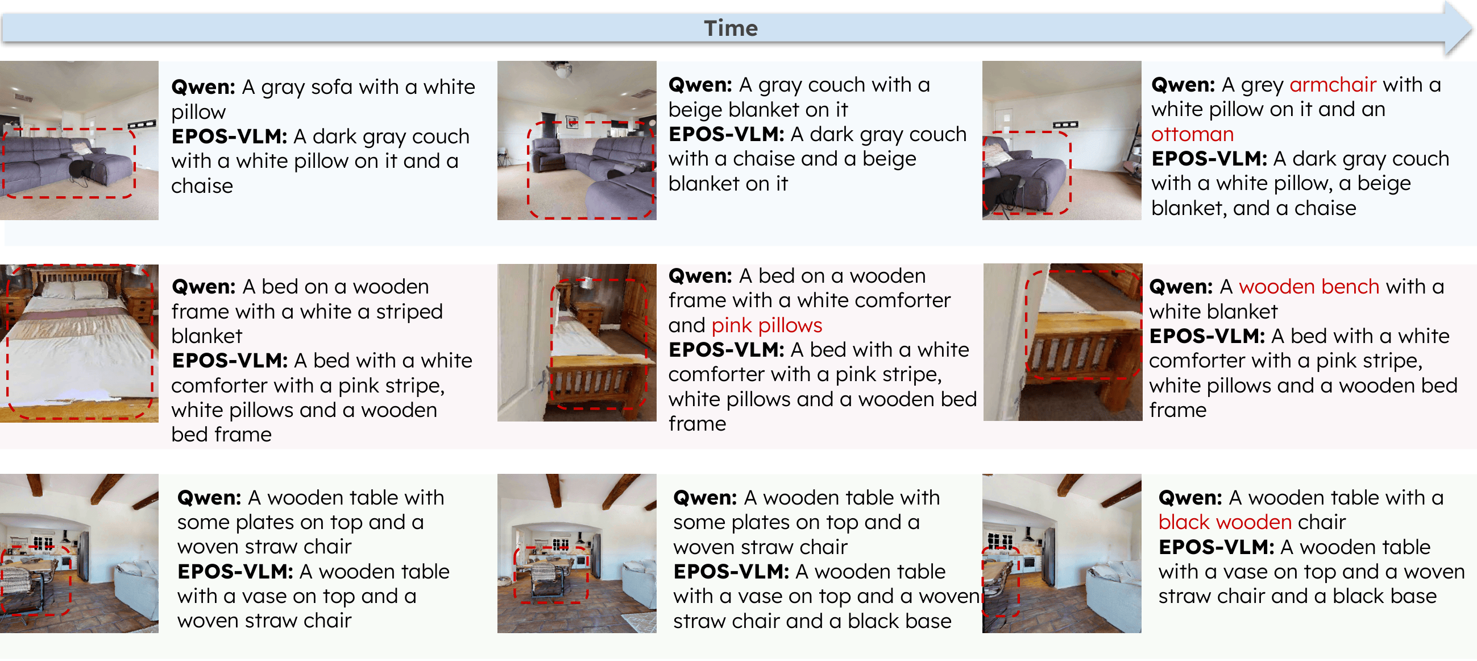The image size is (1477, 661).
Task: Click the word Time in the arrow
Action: (x=731, y=28)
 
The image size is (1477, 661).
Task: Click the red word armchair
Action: (x=1333, y=85)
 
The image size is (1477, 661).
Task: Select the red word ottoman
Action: (x=1192, y=134)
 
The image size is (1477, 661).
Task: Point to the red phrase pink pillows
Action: (x=766, y=325)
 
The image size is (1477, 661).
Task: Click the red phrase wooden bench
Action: (x=1308, y=286)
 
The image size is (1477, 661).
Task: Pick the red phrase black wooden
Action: (x=1224, y=522)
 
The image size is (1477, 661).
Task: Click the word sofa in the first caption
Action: (x=334, y=87)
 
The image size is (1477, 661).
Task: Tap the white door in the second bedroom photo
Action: (x=519, y=344)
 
